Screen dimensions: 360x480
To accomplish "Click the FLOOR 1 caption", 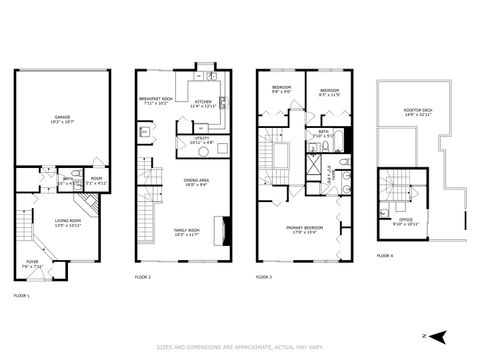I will [x=22, y=296].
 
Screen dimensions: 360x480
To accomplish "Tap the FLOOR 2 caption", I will [x=143, y=277].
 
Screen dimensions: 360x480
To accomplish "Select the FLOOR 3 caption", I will [x=264, y=277].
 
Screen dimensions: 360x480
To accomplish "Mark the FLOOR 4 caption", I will [x=385, y=257].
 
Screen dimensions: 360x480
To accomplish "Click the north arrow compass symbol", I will [x=435, y=335].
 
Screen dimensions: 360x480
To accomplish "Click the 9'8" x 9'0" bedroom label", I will [x=281, y=89].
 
